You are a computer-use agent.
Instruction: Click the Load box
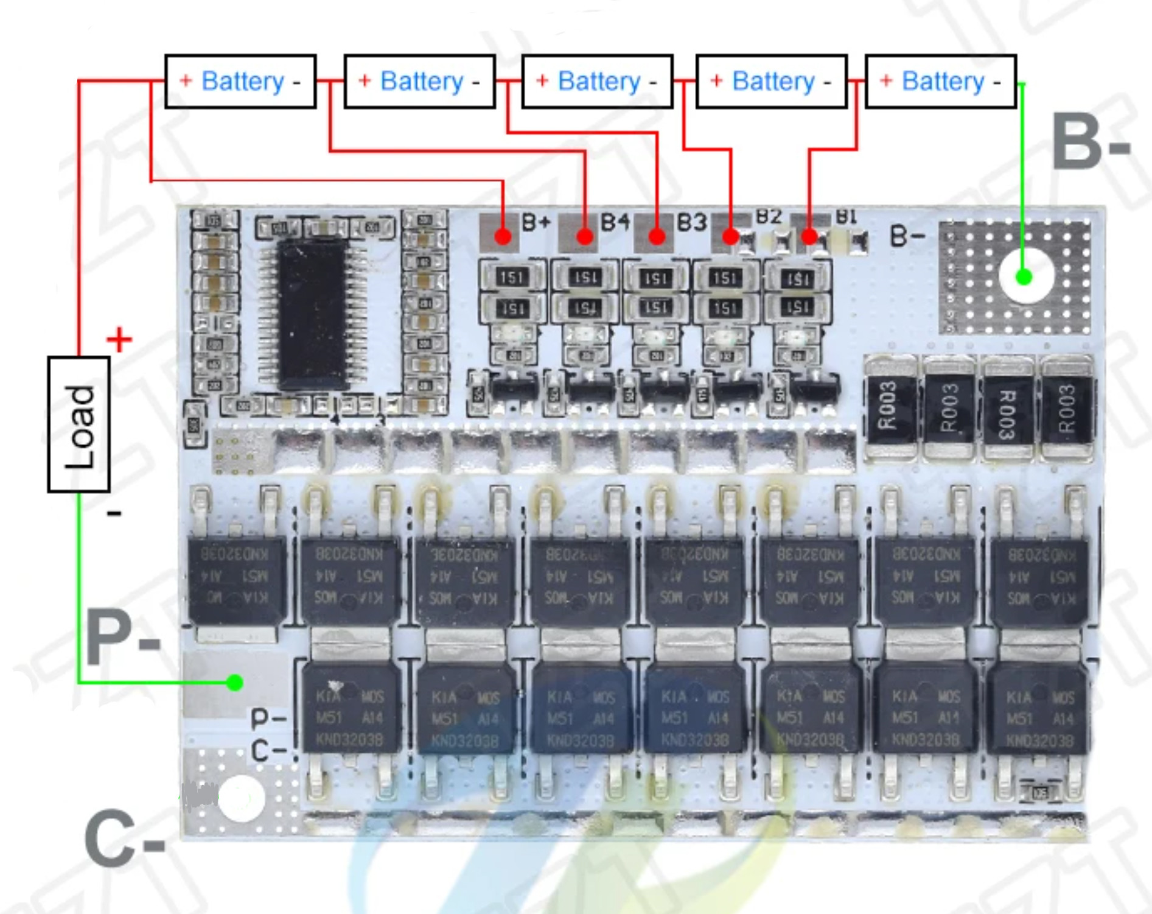point(79,424)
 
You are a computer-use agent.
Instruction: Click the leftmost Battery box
point(240,82)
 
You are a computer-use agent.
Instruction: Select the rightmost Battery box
point(941,82)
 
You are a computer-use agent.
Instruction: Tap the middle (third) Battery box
point(597,82)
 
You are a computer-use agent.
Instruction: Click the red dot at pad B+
point(503,236)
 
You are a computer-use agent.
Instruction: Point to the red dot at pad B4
point(585,236)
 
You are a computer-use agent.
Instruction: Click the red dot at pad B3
point(657,236)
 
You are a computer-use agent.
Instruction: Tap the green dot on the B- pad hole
point(1024,278)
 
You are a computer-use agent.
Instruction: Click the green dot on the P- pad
point(235,683)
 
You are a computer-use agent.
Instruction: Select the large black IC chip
point(313,314)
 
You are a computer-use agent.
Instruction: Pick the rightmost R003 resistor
point(1067,407)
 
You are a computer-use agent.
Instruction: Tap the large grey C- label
point(124,838)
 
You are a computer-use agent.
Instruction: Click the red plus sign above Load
point(119,339)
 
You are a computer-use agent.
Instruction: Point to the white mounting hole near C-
point(241,798)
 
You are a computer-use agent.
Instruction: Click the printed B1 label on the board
point(846,216)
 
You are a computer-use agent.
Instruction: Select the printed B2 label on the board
point(769,216)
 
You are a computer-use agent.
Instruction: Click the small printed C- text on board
point(268,750)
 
